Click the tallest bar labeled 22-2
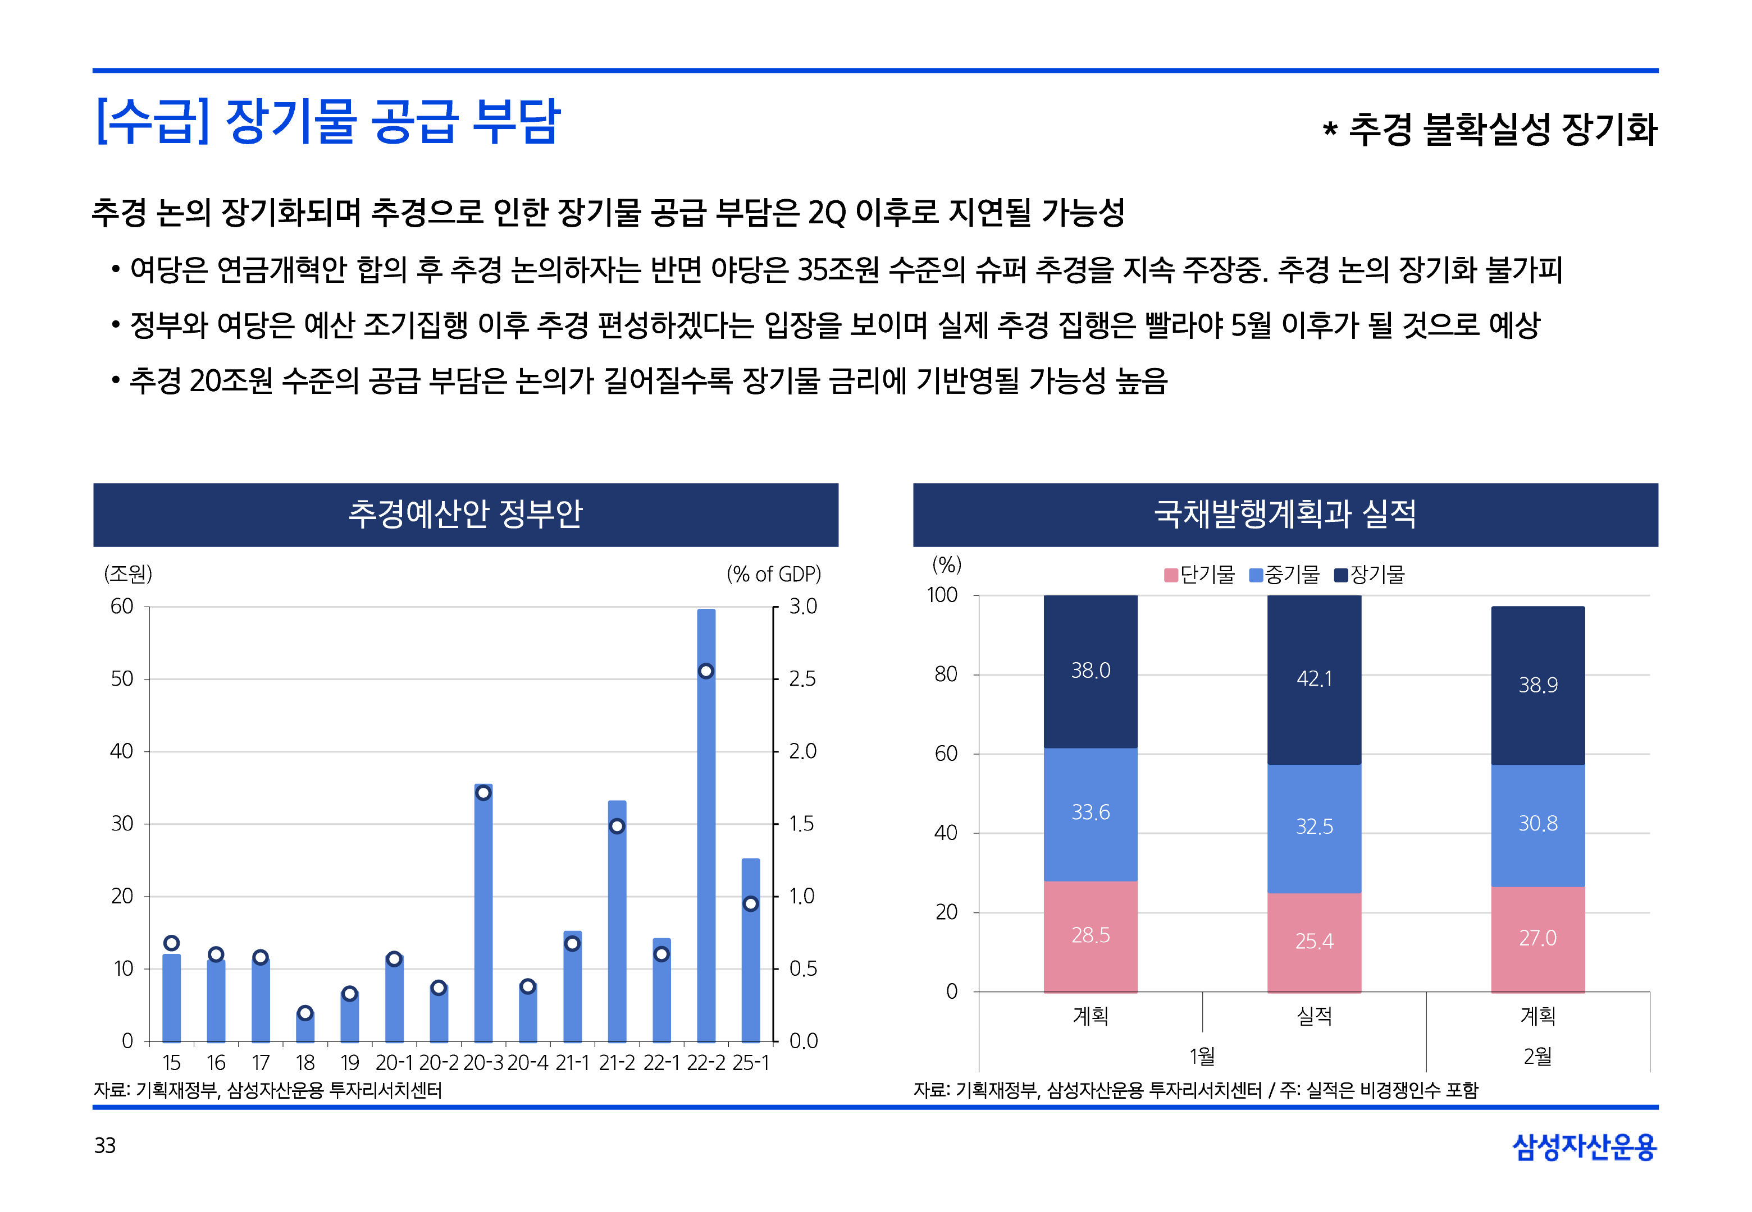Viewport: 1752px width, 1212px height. pos(706,835)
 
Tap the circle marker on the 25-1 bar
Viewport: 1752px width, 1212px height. pos(751,904)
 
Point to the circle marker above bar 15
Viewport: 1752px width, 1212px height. pos(172,943)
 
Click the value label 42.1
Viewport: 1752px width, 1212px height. pos(1315,679)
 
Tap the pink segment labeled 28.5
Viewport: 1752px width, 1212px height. pos(1091,935)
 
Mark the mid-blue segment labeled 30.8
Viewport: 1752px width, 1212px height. pos(1537,824)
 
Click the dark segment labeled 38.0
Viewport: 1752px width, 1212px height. pos(1091,671)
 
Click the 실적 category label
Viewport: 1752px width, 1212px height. pos(1315,1016)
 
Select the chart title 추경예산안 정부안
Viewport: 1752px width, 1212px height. pos(466,514)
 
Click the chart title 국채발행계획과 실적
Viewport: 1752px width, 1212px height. pos(1285,514)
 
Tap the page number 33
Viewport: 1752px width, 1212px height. pos(105,1146)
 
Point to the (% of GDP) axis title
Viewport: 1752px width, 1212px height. pos(773,574)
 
